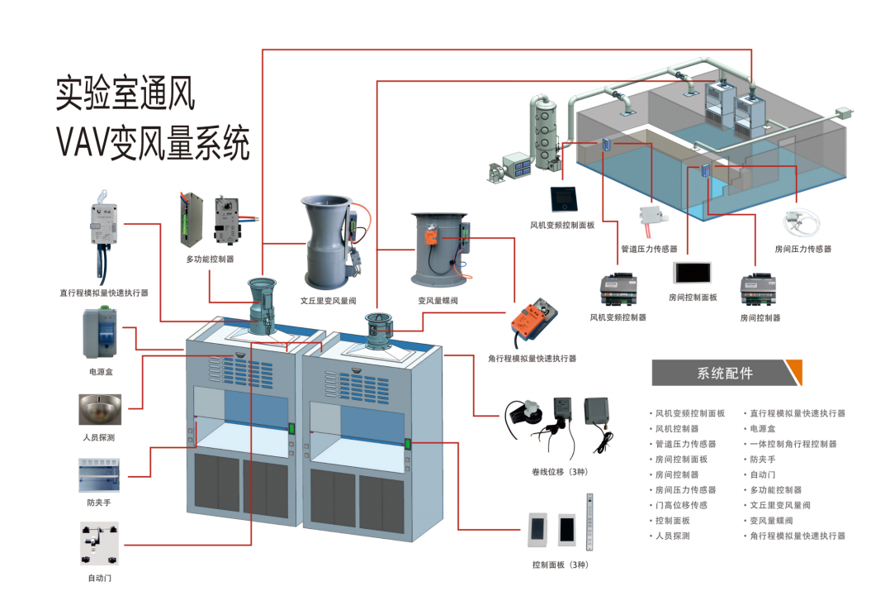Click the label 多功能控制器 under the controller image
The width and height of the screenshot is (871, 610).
click(x=210, y=260)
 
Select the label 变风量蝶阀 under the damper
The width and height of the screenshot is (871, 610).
click(x=438, y=301)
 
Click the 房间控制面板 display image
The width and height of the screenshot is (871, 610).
click(x=692, y=274)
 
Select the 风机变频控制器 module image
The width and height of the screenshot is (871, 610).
click(x=618, y=289)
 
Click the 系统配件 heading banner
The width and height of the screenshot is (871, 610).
click(x=725, y=373)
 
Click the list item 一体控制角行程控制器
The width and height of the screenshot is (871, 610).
click(x=793, y=444)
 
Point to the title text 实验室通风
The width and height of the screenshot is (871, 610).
click(x=125, y=93)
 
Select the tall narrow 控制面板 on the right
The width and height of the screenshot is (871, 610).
click(x=589, y=523)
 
